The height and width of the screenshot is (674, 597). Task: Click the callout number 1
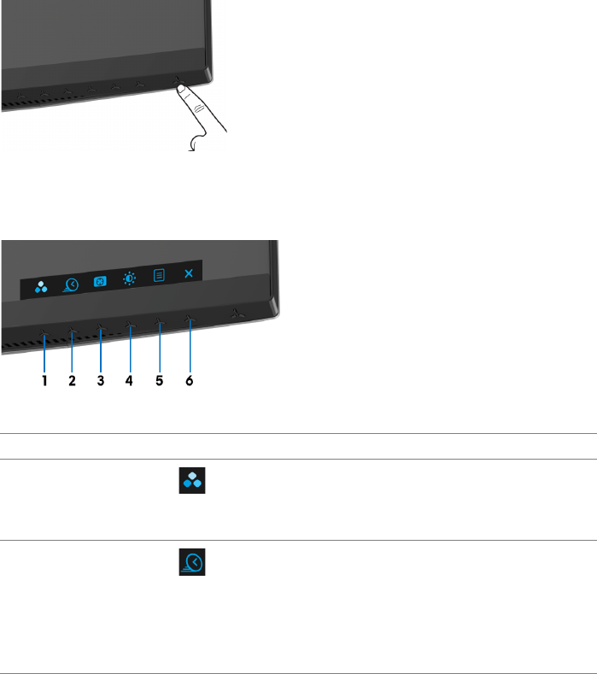click(44, 382)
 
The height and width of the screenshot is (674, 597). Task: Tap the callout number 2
click(73, 382)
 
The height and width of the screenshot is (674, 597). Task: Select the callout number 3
click(100, 382)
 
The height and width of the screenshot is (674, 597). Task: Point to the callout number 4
click(129, 382)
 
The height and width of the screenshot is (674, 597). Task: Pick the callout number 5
click(159, 382)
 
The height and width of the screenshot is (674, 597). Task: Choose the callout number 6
click(190, 382)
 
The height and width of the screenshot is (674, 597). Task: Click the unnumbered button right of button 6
click(235, 314)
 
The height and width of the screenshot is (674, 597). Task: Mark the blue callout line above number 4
click(129, 349)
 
